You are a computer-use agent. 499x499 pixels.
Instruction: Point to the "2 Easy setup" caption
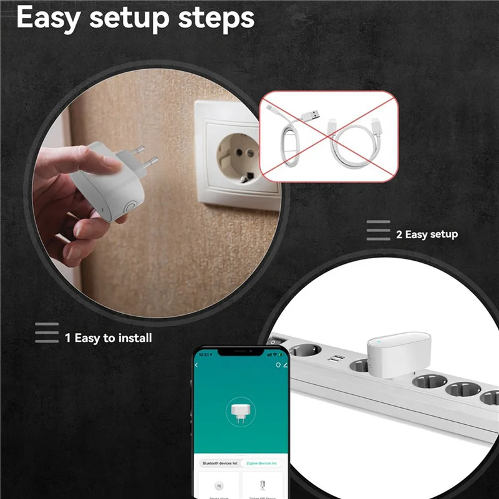coord(427,235)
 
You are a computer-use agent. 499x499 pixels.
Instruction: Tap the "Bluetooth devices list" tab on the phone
coord(219,463)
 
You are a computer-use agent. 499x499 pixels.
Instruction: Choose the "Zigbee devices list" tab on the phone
coord(262,463)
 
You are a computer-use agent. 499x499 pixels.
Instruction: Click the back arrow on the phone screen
coord(198,364)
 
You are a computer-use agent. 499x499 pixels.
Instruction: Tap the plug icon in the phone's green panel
coord(240,411)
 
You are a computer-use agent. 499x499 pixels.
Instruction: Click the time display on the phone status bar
coord(203,354)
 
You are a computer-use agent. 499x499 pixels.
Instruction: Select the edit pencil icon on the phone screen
coord(284,364)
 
